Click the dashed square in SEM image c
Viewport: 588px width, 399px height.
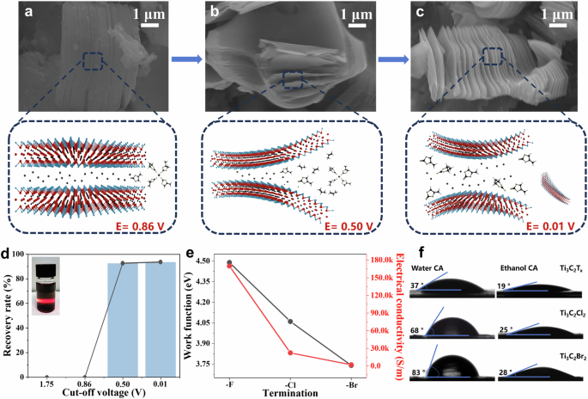[x=492, y=57]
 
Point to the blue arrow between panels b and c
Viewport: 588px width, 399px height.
[x=392, y=60]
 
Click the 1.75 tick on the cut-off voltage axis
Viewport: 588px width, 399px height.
[x=46, y=386]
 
